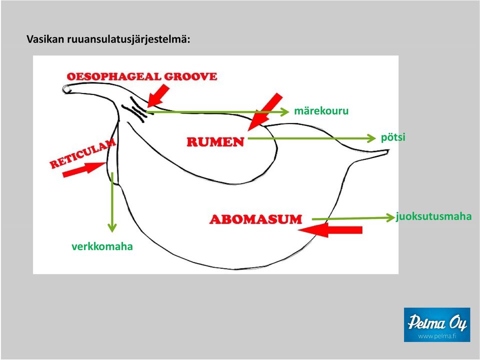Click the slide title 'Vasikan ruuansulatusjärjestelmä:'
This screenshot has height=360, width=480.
108,39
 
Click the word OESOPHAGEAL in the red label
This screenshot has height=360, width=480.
113,76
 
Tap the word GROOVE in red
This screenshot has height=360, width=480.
190,76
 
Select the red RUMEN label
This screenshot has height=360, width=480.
215,142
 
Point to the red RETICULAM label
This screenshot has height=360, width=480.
82,153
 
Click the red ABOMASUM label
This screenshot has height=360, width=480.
255,219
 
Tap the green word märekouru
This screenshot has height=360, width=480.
321,110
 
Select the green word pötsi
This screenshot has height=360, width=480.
393,137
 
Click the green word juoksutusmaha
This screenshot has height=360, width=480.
434,216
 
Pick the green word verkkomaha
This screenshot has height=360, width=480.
102,246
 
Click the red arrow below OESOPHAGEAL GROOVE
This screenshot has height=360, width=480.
158,95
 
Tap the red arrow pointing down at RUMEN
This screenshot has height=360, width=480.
265,111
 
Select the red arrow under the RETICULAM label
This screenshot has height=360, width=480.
84,169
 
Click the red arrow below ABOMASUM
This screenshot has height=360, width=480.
330,230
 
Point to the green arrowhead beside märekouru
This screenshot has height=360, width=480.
285,112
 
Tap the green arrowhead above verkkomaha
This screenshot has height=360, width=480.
112,228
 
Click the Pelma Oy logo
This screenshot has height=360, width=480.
437,325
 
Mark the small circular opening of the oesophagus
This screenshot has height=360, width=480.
66,89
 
